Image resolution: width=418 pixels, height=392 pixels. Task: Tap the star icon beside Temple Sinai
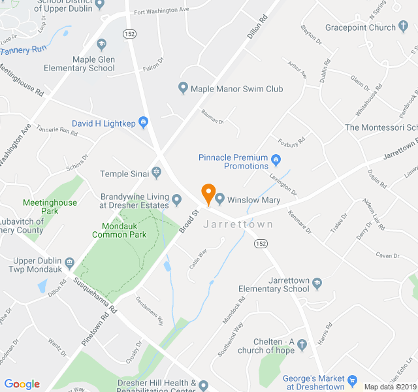point(156,173)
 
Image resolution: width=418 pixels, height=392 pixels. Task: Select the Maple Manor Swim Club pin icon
point(184,88)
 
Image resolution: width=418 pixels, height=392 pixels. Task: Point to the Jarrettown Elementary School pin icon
point(317,284)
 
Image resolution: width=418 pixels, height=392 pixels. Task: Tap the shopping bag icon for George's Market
point(353,380)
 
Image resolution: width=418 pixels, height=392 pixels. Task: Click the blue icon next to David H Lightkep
point(144,122)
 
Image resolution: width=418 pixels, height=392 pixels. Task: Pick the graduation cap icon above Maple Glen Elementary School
point(101,44)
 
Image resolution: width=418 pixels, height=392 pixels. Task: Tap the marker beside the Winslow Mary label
point(219,199)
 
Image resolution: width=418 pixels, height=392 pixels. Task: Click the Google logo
point(22,384)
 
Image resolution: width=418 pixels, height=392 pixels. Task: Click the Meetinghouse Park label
point(50,206)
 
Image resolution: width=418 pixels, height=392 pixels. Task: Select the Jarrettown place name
point(238,224)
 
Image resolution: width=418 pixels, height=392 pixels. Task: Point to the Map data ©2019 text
point(390,386)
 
